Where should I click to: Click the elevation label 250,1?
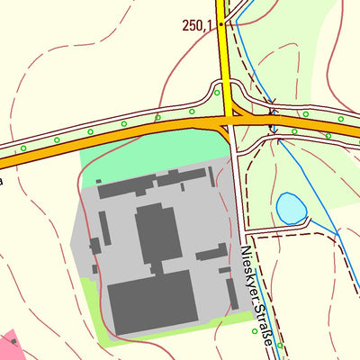pos(197,26)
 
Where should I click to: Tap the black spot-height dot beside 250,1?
pos(220,24)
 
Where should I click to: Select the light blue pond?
pos(291,208)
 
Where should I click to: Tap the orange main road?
pos(135,135)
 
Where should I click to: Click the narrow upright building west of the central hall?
pos(105,229)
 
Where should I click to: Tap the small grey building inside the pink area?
pos(14,342)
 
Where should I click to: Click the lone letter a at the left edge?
pos(2,181)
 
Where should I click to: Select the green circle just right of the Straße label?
pos(280,346)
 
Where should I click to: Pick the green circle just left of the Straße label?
pos(255,331)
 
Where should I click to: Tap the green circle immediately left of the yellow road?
pos(217,92)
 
